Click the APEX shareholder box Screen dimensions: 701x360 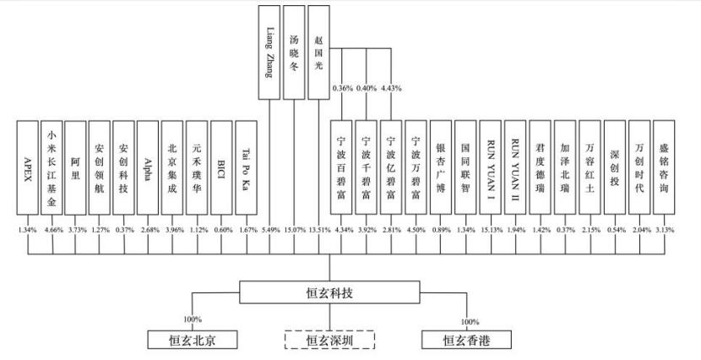tap(28, 167)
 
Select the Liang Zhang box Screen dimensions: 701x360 tap(269, 52)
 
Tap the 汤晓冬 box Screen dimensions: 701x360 tap(294, 52)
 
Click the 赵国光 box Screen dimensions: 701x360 tap(318, 52)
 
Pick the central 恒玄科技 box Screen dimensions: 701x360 tap(329, 292)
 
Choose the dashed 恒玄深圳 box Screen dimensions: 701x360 tap(329, 340)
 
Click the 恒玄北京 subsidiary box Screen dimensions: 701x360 tap(193, 340)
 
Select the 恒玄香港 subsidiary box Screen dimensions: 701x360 tap(467, 340)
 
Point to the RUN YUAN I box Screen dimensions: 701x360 tap(491, 167)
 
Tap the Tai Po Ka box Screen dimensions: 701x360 tap(246, 167)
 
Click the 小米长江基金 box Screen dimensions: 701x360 tap(52, 167)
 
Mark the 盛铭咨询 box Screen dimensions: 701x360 tap(664, 167)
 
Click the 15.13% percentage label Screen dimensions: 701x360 tap(490, 230)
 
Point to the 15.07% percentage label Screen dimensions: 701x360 tap(294, 230)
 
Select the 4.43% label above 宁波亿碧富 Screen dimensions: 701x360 tap(391, 88)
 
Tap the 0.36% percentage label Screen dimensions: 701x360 tap(342, 88)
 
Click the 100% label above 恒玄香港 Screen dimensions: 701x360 tap(470, 321)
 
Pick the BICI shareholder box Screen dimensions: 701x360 tap(221, 167)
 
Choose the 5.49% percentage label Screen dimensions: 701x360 tap(270, 230)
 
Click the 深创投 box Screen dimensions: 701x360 tap(615, 167)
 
